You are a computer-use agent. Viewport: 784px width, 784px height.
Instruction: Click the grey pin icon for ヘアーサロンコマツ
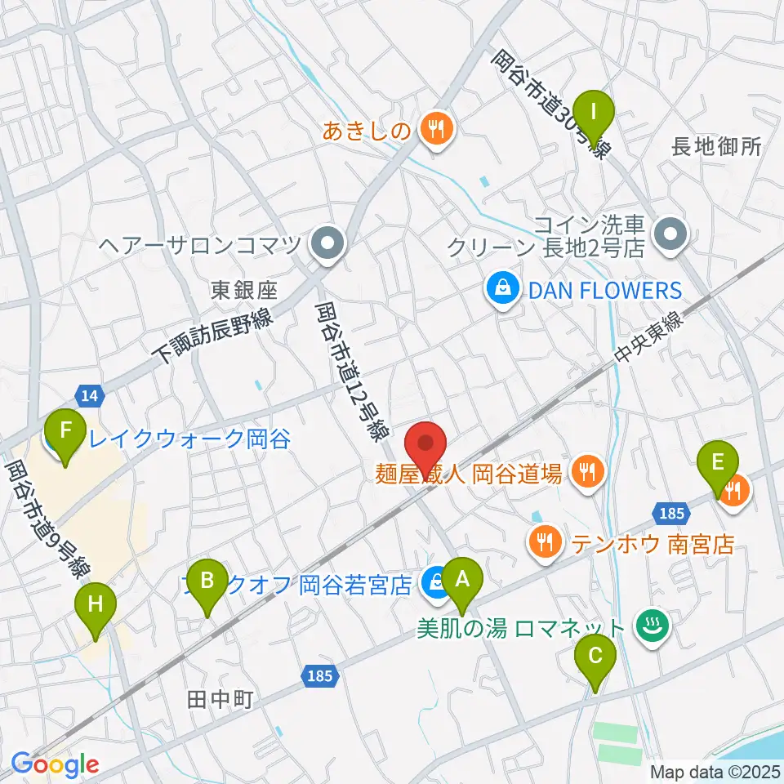point(328,243)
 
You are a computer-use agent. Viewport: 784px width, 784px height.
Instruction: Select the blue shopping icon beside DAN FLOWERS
point(501,288)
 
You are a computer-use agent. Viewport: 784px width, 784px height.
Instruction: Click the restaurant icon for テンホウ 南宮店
point(545,541)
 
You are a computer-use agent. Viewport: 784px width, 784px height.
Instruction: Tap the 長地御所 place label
point(716,147)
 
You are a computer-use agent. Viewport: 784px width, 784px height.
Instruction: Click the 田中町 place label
point(219,699)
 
